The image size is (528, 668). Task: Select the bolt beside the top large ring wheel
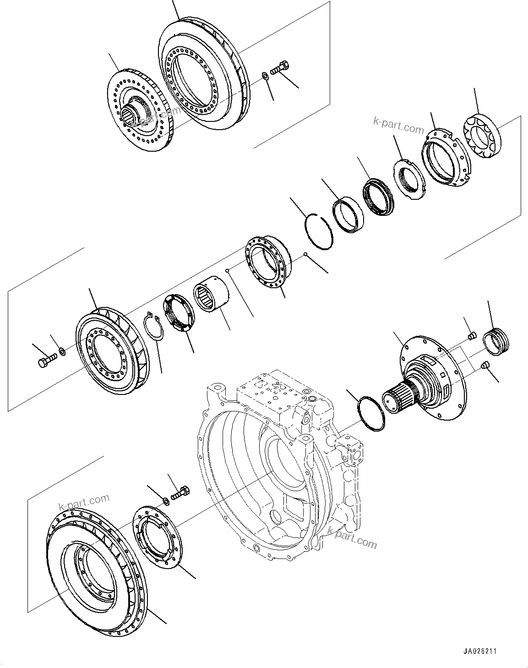[x=279, y=68]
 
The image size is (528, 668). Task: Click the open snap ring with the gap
[x=319, y=231]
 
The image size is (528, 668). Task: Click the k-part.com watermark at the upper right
[x=398, y=125]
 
